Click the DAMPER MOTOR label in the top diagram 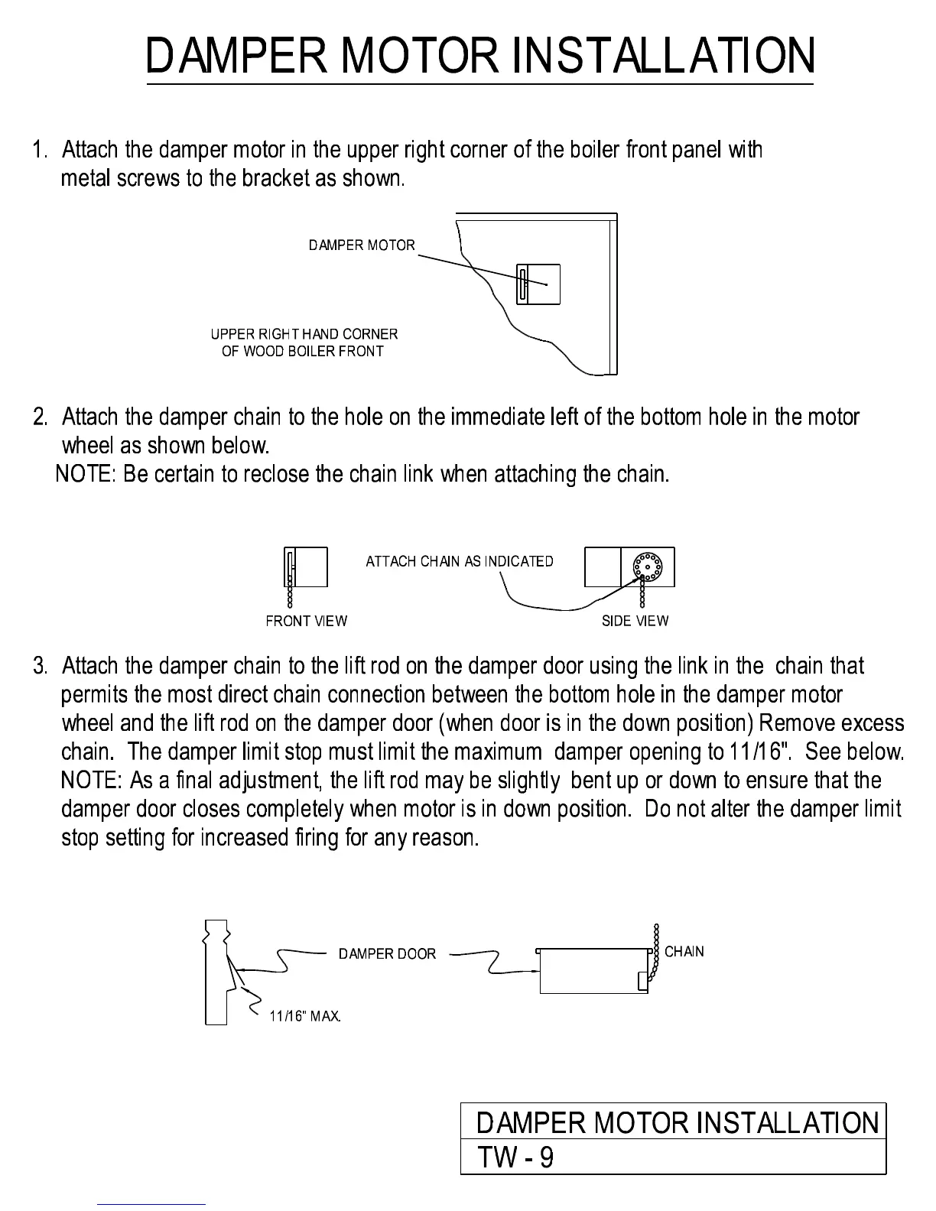(x=362, y=245)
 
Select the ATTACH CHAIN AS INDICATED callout (x=459, y=561)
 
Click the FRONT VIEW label (x=306, y=621)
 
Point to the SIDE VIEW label (x=635, y=621)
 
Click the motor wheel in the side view (x=647, y=567)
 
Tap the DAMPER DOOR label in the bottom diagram (x=387, y=953)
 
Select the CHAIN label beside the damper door (x=684, y=952)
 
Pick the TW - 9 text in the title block (x=515, y=1157)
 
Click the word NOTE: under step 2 (x=86, y=474)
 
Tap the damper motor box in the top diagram (x=538, y=284)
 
